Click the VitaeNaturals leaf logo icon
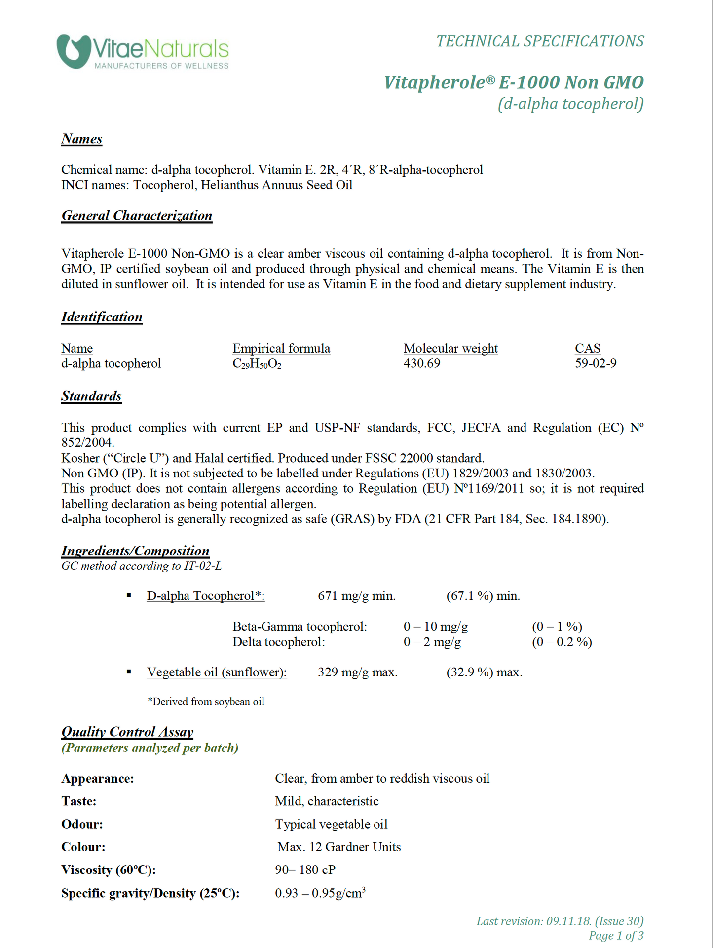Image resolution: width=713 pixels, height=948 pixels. coord(74,51)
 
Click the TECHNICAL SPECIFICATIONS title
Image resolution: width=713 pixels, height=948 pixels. coord(540,41)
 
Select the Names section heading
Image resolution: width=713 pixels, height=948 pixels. coord(82,139)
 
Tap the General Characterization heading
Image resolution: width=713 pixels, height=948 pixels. coord(137,216)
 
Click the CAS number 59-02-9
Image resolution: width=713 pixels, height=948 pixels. coord(596,363)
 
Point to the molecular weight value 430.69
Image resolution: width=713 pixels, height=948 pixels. coord(422,363)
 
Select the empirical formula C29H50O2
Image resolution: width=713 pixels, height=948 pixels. coord(257,364)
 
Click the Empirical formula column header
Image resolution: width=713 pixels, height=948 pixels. coord(281,348)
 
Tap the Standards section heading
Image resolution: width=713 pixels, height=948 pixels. coord(91,396)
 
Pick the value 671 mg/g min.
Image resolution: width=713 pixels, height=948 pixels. coord(357,596)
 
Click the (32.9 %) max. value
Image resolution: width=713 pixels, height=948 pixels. coord(484,672)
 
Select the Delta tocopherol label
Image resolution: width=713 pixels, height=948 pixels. coord(279,642)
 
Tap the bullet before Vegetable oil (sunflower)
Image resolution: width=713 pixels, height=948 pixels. coord(129,671)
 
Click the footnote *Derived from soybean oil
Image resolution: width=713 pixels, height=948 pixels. coord(206,701)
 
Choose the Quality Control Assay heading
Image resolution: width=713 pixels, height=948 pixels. coord(127,732)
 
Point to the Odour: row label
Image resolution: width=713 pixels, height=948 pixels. coord(82,824)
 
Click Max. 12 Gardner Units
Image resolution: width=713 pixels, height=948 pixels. coord(339,847)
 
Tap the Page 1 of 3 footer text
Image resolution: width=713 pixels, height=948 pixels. coord(616,936)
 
